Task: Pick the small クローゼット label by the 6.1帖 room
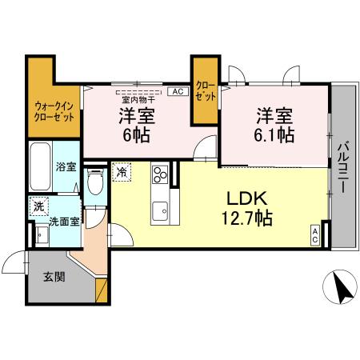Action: click(205, 90)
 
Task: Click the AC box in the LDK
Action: click(315, 235)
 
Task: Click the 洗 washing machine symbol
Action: click(38, 206)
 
